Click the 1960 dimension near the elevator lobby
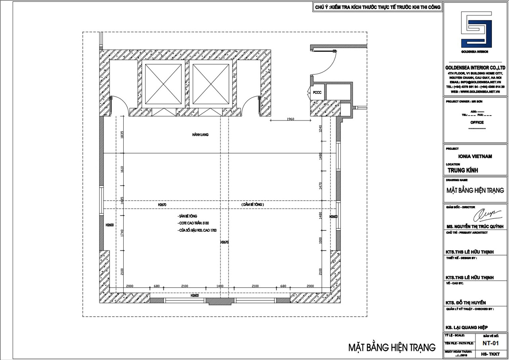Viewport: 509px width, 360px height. point(290,119)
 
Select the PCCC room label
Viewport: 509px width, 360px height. point(317,92)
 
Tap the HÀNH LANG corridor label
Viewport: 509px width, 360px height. point(200,135)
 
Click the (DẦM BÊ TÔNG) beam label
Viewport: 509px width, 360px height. point(253,204)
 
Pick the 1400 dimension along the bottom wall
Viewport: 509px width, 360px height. point(220,286)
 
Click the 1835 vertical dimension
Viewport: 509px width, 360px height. point(122,135)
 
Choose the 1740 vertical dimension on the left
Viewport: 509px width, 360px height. point(122,234)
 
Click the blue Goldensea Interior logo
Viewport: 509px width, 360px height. point(476,30)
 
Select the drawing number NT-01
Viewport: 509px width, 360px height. point(491,343)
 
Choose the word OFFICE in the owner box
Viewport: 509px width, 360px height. point(476,122)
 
